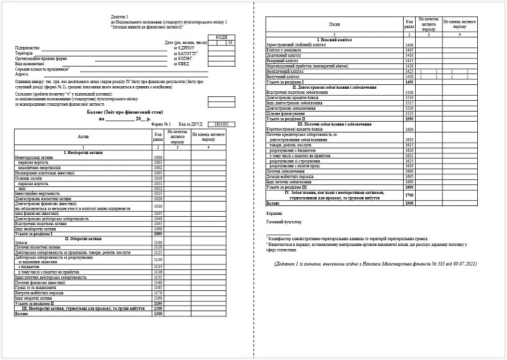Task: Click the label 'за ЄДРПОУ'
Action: pyautogui.click(x=185, y=48)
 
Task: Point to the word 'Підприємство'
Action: pyautogui.click(x=27, y=48)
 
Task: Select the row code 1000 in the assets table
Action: pyautogui.click(x=158, y=157)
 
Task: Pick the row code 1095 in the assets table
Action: pyautogui.click(x=158, y=234)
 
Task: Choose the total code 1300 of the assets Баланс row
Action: pyautogui.click(x=158, y=314)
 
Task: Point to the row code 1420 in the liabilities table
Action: pyautogui.click(x=409, y=66)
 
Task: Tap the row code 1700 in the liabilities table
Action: pyautogui.click(x=409, y=195)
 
